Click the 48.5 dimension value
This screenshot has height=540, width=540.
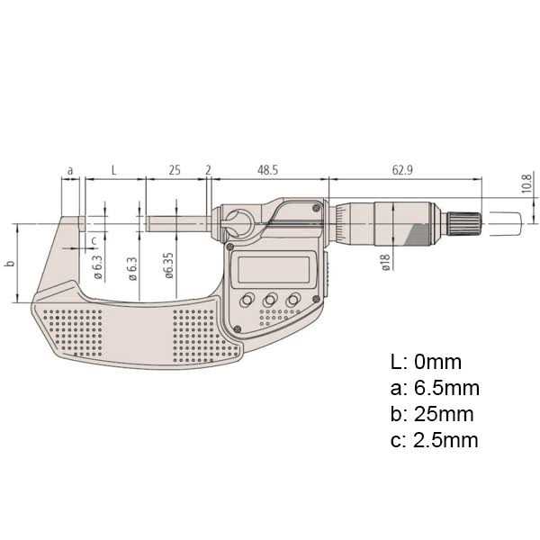coord(267,169)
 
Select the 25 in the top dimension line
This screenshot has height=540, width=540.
coord(175,169)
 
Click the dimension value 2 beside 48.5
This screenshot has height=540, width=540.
coord(209,169)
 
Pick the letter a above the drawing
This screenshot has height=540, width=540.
coord(71,169)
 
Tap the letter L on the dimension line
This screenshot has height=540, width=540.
coord(112,169)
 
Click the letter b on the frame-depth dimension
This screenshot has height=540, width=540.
coord(9,264)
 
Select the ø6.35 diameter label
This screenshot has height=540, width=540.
coord(169,267)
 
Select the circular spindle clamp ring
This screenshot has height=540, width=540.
coord(239,222)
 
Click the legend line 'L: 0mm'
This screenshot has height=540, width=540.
coord(426,363)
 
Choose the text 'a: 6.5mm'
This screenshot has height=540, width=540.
coord(435,389)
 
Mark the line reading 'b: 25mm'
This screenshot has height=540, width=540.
coord(432,415)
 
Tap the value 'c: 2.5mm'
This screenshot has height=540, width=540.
coord(435,441)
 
